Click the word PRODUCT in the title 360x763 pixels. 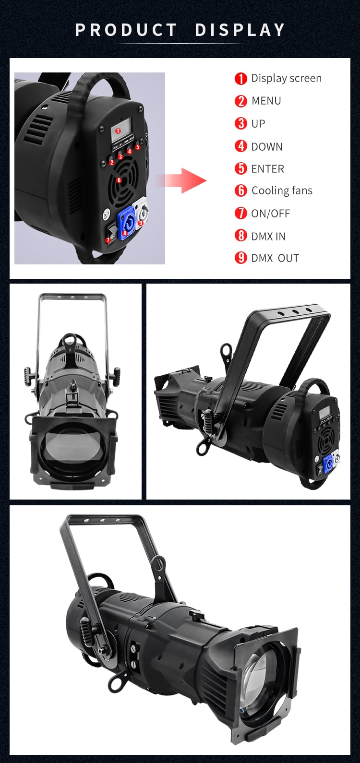pyautogui.click(x=126, y=30)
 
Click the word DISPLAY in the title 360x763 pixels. pyautogui.click(x=240, y=30)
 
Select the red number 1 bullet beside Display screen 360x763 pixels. pyautogui.click(x=240, y=78)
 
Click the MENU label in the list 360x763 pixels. pyautogui.click(x=266, y=101)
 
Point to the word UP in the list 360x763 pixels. pyautogui.click(x=258, y=124)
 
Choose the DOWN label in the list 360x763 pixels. pyautogui.click(x=267, y=147)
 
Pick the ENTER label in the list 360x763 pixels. pyautogui.click(x=268, y=169)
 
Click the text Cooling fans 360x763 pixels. pyautogui.click(x=282, y=191)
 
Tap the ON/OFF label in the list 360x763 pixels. pyautogui.click(x=271, y=214)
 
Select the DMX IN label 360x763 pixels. pyautogui.click(x=268, y=236)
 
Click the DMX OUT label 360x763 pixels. pyautogui.click(x=275, y=258)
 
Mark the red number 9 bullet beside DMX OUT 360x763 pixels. pyautogui.click(x=240, y=258)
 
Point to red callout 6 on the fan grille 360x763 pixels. pyautogui.click(x=119, y=180)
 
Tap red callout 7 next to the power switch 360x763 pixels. pyautogui.click(x=108, y=240)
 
